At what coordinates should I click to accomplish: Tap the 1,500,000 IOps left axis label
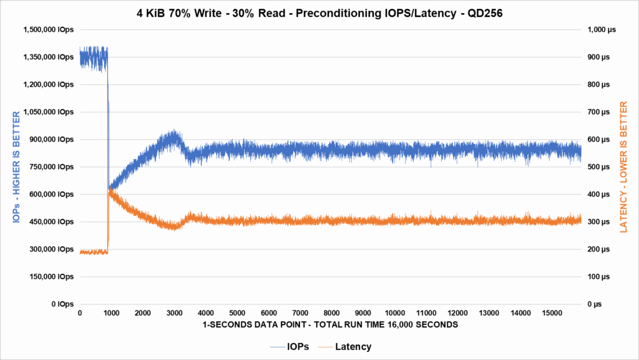click(x=49, y=29)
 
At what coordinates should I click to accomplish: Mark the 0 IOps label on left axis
click(x=62, y=304)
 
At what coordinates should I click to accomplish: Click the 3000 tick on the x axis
click(x=174, y=313)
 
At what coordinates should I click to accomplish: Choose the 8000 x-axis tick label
click(x=332, y=313)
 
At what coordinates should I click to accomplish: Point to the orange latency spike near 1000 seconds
click(x=110, y=191)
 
